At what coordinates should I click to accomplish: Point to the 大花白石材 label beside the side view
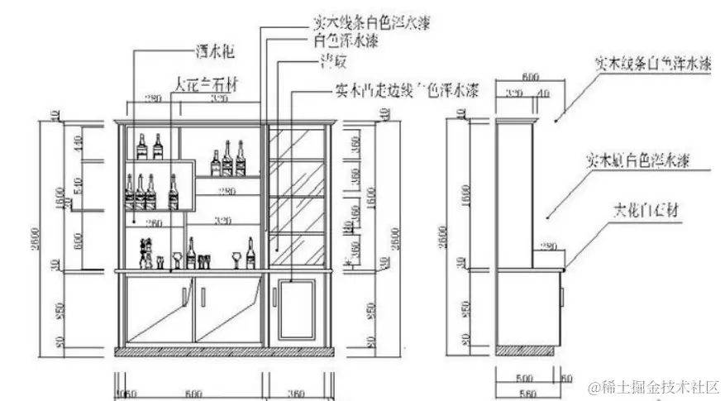(646, 209)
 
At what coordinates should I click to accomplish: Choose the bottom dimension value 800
(193, 393)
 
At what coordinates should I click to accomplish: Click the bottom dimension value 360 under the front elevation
(297, 393)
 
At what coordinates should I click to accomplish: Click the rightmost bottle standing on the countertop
(250, 254)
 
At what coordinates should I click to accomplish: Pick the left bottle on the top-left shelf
(141, 146)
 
